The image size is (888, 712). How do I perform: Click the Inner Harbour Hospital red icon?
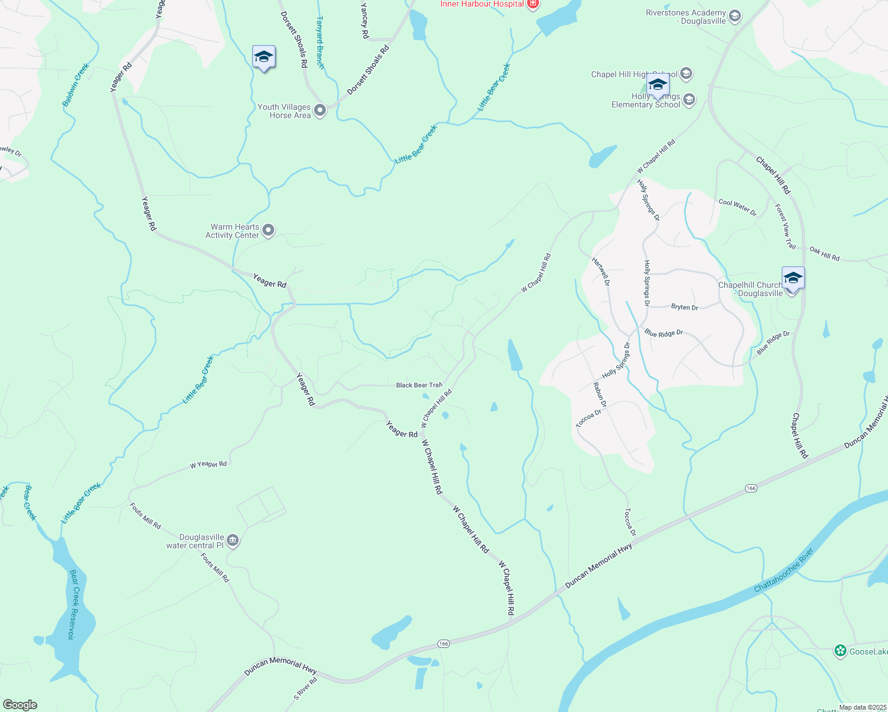[532, 4]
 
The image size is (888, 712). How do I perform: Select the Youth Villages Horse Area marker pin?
[320, 110]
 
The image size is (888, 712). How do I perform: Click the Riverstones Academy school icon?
[735, 16]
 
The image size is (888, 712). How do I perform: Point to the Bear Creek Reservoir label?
[73, 605]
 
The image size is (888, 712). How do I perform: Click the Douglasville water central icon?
[233, 541]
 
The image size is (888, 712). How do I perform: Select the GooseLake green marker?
[840, 651]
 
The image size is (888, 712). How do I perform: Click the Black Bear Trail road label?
[419, 385]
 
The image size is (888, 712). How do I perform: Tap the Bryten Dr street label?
[684, 307]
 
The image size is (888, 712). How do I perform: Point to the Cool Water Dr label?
[738, 207]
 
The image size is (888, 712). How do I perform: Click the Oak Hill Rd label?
[824, 253]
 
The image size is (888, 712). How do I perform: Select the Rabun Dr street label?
[600, 395]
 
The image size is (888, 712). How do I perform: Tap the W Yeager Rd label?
[208, 465]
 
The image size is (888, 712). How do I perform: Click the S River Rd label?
[305, 688]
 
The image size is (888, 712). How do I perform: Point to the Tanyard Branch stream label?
[320, 42]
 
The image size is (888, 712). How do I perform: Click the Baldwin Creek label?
[75, 85]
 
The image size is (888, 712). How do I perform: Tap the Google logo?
[20, 705]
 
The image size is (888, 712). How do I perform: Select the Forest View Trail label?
[785, 226]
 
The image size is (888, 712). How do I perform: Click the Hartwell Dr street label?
[601, 271]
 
